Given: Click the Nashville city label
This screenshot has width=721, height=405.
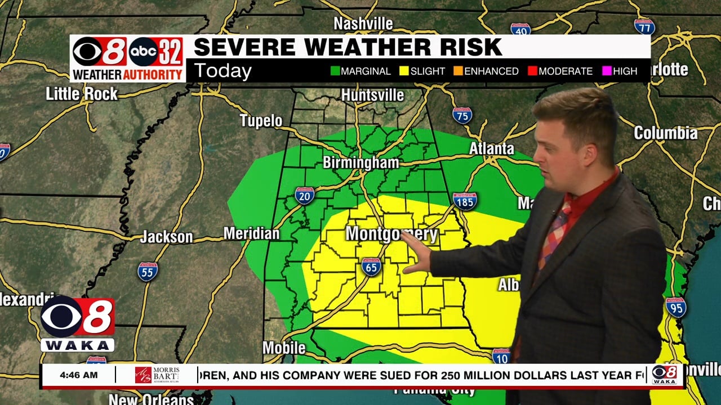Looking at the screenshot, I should (363, 24).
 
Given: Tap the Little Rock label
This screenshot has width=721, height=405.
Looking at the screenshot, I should (82, 93).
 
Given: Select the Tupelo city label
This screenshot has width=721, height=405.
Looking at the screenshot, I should (261, 120).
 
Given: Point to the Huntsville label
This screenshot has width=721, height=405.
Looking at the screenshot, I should (372, 95).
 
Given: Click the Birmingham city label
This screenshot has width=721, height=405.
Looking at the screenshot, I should (360, 163).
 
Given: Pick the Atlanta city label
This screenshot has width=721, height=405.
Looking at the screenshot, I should (492, 148).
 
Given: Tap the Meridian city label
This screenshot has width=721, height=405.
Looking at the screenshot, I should (251, 233).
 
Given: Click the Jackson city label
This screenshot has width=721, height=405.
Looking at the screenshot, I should (166, 237).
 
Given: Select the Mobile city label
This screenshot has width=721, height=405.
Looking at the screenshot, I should (284, 348).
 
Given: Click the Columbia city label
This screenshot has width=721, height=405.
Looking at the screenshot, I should (665, 133).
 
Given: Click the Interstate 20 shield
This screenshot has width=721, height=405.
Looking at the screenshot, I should (304, 196).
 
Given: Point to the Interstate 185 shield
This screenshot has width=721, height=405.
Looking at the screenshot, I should (465, 201).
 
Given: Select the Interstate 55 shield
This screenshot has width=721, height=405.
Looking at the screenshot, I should (148, 271).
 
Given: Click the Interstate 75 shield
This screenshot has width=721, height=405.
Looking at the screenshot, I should (462, 115).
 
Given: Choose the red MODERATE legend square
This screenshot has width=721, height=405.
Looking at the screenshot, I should (532, 71).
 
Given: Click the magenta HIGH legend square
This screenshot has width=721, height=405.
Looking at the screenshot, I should (606, 71).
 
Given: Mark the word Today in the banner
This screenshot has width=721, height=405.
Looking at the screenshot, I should (222, 71).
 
